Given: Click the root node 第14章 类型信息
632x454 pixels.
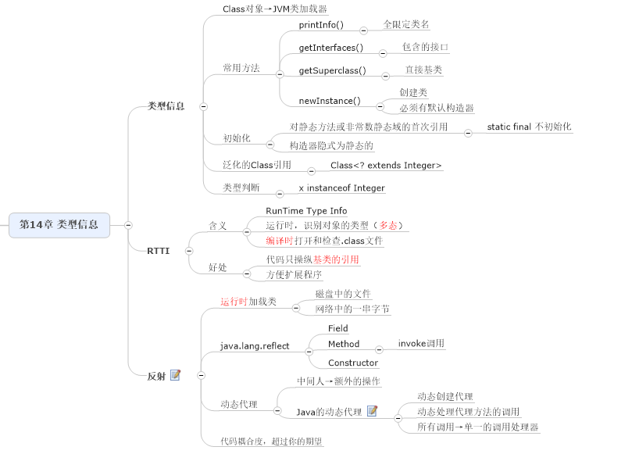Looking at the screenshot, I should [59, 224].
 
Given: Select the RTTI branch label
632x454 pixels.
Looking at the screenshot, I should [158, 251].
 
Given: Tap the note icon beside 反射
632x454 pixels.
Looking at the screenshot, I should [175, 375].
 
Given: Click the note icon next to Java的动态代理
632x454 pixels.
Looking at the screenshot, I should [372, 411].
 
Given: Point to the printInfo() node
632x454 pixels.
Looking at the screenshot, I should [323, 25].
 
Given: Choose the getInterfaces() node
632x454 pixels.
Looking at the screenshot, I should [331, 48].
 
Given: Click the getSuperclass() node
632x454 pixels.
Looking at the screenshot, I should [332, 70].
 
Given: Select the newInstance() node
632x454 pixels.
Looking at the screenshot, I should [330, 101].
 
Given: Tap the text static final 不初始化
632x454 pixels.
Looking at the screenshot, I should [529, 127].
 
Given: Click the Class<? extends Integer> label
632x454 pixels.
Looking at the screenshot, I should [386, 166].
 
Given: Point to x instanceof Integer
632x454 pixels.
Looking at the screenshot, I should [341, 188].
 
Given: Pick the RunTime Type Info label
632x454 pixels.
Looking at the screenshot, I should [306, 211].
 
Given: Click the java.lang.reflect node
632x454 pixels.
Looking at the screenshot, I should [255, 346].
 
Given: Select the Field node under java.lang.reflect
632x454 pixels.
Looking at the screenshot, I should [338, 329].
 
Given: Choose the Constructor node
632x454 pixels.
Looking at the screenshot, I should [353, 363].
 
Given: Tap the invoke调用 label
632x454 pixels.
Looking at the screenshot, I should [421, 343].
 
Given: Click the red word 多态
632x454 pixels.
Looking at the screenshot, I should [389, 226].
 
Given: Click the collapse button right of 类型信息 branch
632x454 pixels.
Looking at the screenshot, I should [203, 106].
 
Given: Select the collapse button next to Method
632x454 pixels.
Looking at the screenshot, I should [380, 349].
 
